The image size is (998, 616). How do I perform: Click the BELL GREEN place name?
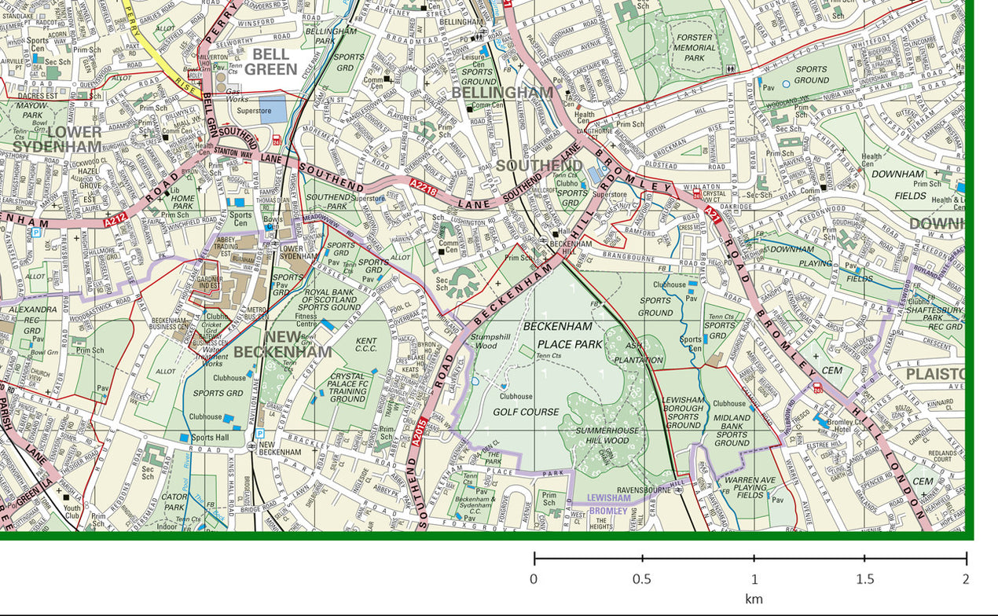(x=271, y=62)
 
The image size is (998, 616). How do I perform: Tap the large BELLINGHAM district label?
(x=503, y=93)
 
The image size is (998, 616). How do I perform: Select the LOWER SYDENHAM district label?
(x=57, y=139)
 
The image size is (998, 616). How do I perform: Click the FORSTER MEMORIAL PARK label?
(x=694, y=47)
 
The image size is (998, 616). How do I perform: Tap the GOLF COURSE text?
(x=526, y=412)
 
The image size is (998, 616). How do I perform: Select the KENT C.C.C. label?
(x=366, y=346)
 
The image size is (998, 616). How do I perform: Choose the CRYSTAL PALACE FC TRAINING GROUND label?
(x=347, y=387)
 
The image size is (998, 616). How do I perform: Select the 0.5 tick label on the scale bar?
(x=642, y=580)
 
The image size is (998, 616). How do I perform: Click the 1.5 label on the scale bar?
(x=864, y=580)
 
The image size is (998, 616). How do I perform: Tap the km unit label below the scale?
(x=754, y=599)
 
